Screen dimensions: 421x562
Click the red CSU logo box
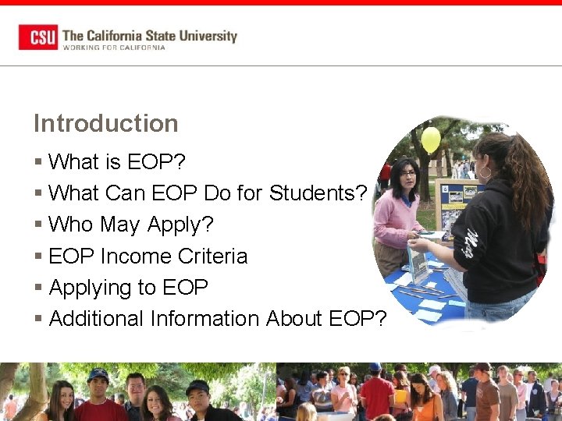click(38, 37)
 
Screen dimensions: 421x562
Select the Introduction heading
click(105, 123)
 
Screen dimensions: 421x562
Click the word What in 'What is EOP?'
click(73, 162)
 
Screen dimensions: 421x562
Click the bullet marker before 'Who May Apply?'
click(38, 225)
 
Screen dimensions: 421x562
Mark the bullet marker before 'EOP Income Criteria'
click(38, 256)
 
